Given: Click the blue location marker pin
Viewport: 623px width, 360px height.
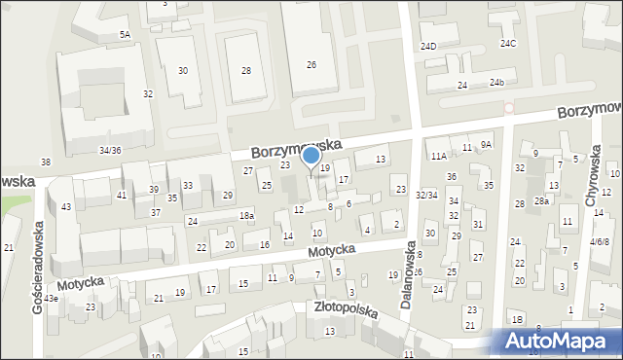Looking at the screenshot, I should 311,156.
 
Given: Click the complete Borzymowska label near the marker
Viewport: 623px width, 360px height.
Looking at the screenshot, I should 295,148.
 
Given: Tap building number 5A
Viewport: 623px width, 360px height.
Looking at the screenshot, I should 125,35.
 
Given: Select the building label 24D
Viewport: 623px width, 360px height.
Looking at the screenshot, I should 428,46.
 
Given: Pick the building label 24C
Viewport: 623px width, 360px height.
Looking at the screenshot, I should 508,44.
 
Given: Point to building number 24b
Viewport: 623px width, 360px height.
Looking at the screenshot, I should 497,83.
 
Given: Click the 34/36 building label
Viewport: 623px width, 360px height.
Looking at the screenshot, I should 110,150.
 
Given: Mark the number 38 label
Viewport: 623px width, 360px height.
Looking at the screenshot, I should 45,161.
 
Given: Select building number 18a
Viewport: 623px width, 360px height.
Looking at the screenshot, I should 247,215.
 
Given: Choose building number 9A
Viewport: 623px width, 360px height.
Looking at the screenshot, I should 487,144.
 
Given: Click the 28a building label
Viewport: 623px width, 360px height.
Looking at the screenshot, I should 542,200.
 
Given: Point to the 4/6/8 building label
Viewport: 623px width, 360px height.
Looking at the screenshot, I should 600,241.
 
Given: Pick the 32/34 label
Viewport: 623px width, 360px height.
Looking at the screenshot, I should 426,196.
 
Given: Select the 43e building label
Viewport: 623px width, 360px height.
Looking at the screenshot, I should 50,298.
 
